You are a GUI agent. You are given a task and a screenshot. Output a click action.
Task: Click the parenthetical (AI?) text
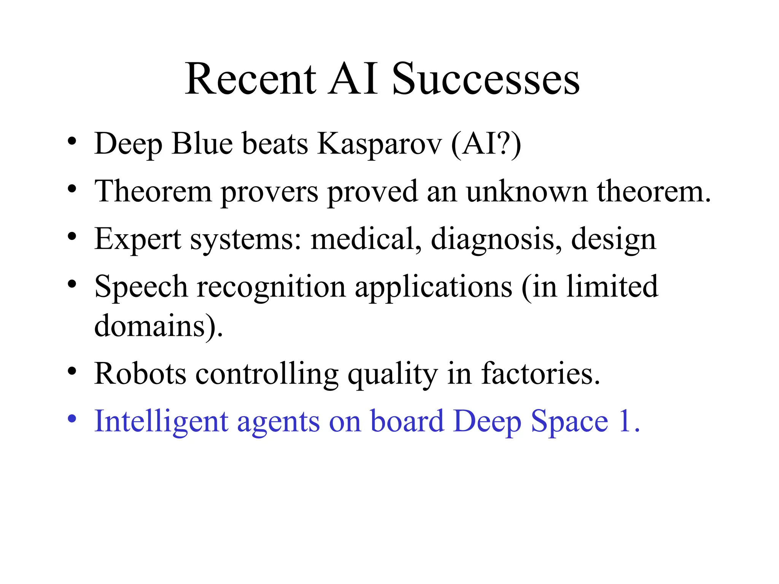coord(486,144)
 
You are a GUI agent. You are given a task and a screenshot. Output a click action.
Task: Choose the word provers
coord(269,192)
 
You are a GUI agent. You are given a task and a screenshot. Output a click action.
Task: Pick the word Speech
coord(141,287)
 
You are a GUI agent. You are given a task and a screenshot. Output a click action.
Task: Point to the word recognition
coord(271,287)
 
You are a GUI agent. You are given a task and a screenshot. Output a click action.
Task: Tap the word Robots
coord(140,373)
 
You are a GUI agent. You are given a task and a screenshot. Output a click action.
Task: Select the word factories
coord(540,373)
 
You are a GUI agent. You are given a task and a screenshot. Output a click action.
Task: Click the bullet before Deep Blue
coord(72,142)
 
